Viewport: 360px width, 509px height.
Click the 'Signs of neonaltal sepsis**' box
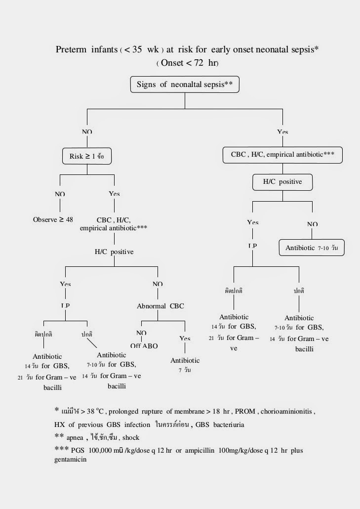184,85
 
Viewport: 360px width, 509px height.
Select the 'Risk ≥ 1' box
86,156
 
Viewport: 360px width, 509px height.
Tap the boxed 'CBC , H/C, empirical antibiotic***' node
283,154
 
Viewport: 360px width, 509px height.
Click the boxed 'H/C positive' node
282,182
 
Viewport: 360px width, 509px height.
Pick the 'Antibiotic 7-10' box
311,248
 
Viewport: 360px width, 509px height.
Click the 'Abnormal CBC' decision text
160,306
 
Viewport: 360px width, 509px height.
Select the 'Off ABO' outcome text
144,346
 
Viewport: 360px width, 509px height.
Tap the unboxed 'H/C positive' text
114,252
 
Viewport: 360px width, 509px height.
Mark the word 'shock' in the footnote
131,437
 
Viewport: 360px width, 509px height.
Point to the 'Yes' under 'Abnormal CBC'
185,339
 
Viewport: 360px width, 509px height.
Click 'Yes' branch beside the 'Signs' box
282,132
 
